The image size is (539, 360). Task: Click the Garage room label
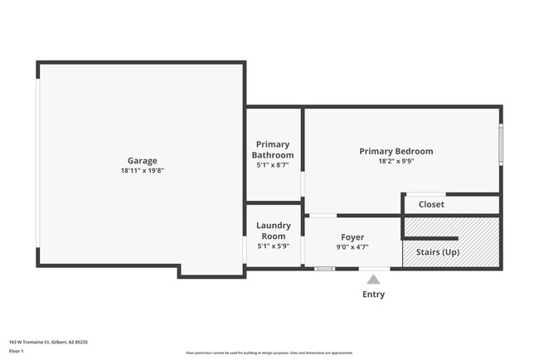pyautogui.click(x=142, y=161)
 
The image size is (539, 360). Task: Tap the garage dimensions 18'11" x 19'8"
pyautogui.click(x=142, y=171)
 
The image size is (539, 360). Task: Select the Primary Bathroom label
pyautogui.click(x=273, y=149)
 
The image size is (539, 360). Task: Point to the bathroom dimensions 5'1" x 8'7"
pyautogui.click(x=273, y=165)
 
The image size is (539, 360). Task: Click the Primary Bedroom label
pyautogui.click(x=396, y=151)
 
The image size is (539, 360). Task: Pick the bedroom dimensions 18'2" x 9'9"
pyautogui.click(x=396, y=161)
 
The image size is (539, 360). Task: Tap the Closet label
pyautogui.click(x=431, y=204)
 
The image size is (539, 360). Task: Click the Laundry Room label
pyautogui.click(x=272, y=231)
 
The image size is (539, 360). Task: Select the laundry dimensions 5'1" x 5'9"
pyautogui.click(x=272, y=246)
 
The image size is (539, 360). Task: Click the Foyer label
pyautogui.click(x=352, y=237)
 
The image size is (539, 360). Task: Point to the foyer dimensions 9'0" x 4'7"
pyautogui.click(x=352, y=246)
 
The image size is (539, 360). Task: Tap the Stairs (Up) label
pyautogui.click(x=437, y=252)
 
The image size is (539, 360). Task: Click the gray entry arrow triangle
pyautogui.click(x=373, y=280)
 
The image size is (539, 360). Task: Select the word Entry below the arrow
pyautogui.click(x=373, y=294)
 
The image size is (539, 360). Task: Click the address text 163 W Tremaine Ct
pyautogui.click(x=48, y=342)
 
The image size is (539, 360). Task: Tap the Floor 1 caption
pyautogui.click(x=17, y=351)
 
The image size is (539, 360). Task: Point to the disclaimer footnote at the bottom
pyautogui.click(x=269, y=353)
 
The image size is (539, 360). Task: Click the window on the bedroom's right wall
pyautogui.click(x=500, y=144)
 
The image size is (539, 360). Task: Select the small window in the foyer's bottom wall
pyautogui.click(x=324, y=268)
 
